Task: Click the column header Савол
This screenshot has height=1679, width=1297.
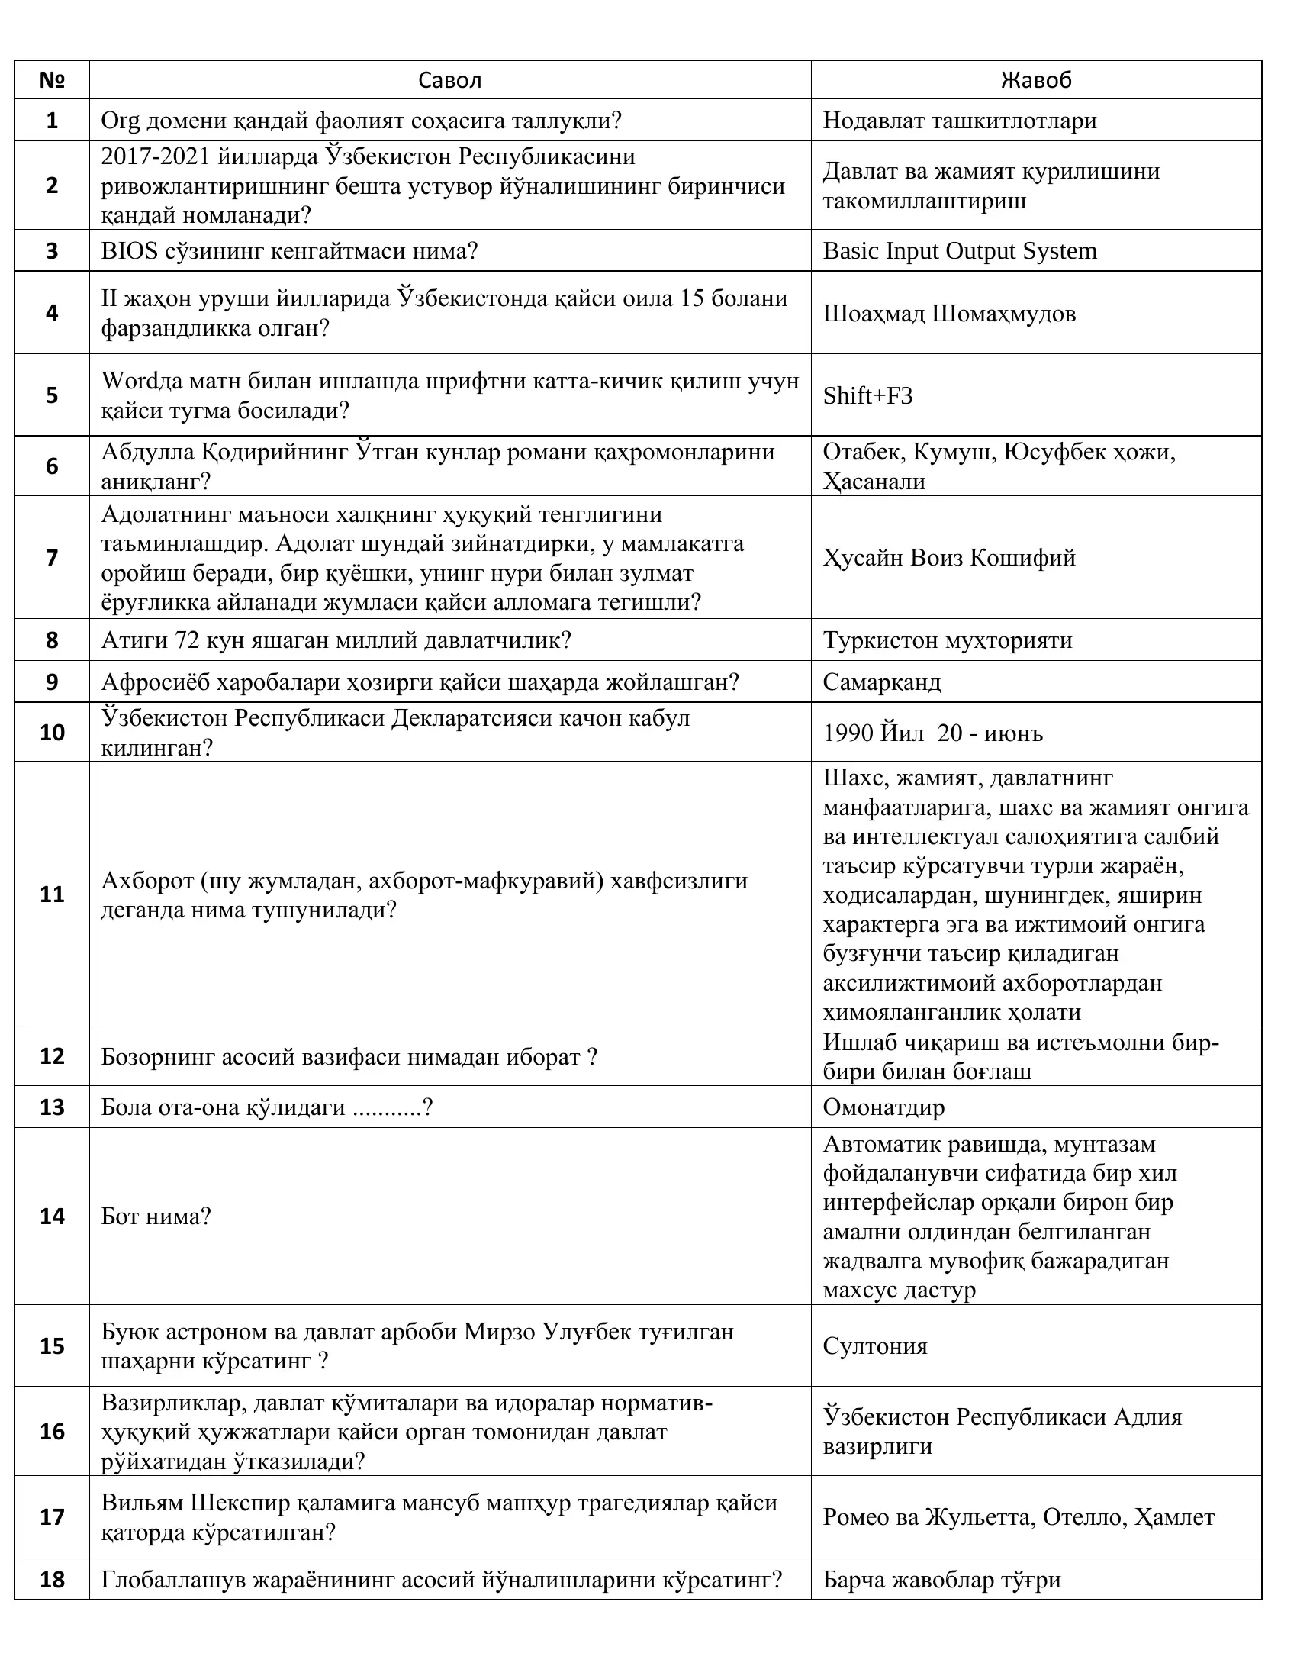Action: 449,80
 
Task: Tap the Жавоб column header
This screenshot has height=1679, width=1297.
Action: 1036,80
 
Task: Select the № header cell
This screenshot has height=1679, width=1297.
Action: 51,80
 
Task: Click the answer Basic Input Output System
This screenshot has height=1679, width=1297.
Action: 960,251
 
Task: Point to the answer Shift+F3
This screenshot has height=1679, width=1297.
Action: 867,396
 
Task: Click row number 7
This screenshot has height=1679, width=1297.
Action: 51,557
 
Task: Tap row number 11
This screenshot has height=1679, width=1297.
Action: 51,894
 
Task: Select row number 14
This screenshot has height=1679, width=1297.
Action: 51,1217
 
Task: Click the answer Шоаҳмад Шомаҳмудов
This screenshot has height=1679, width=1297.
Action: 949,314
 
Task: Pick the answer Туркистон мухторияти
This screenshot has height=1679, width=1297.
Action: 948,640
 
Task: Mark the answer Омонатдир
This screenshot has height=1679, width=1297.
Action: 883,1107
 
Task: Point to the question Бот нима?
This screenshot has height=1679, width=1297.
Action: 156,1217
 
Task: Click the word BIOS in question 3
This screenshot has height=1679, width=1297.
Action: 129,251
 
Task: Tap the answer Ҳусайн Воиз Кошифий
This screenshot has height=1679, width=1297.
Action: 949,557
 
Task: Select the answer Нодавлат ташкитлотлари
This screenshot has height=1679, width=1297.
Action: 960,121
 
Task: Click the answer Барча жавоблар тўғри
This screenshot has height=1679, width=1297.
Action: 941,1580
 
